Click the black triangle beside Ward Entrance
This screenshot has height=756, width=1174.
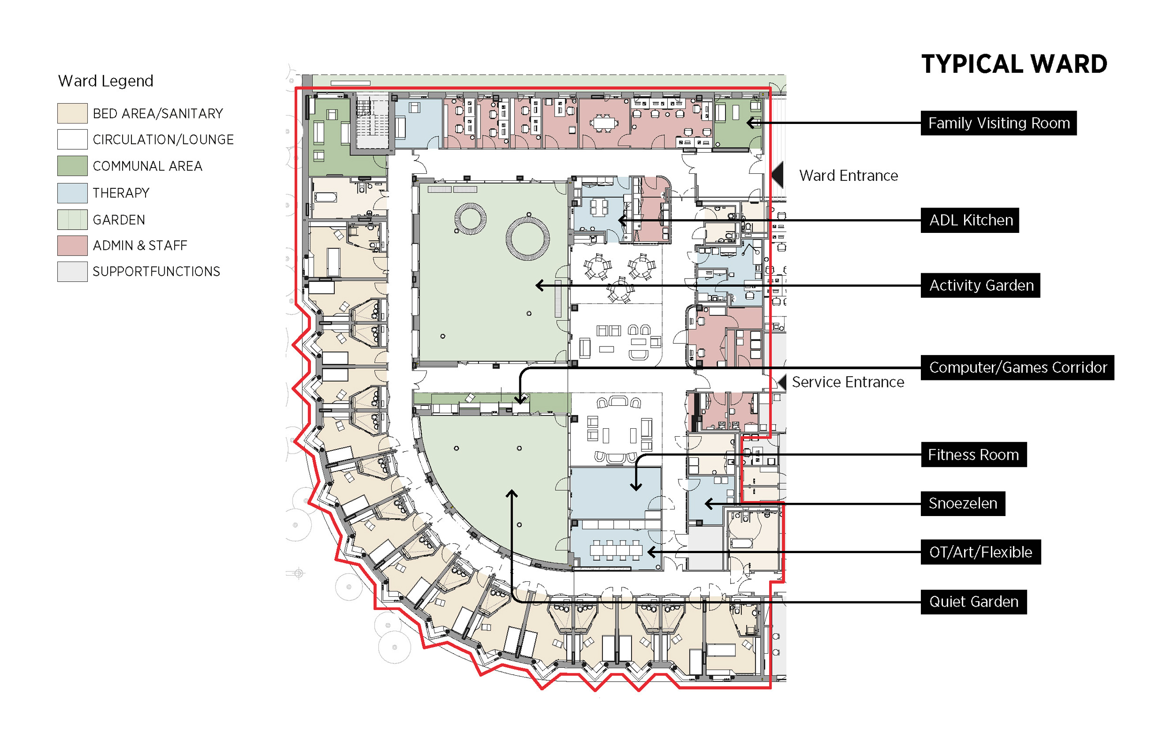[x=778, y=175]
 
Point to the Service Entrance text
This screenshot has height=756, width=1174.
[x=847, y=382]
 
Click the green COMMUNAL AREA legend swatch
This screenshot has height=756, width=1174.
[x=72, y=166]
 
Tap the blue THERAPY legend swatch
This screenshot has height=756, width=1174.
[x=72, y=193]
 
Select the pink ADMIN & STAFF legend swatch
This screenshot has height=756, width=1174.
[x=72, y=246]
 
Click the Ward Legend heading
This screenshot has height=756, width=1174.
[x=106, y=80]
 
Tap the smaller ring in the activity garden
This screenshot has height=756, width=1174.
[x=470, y=218]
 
